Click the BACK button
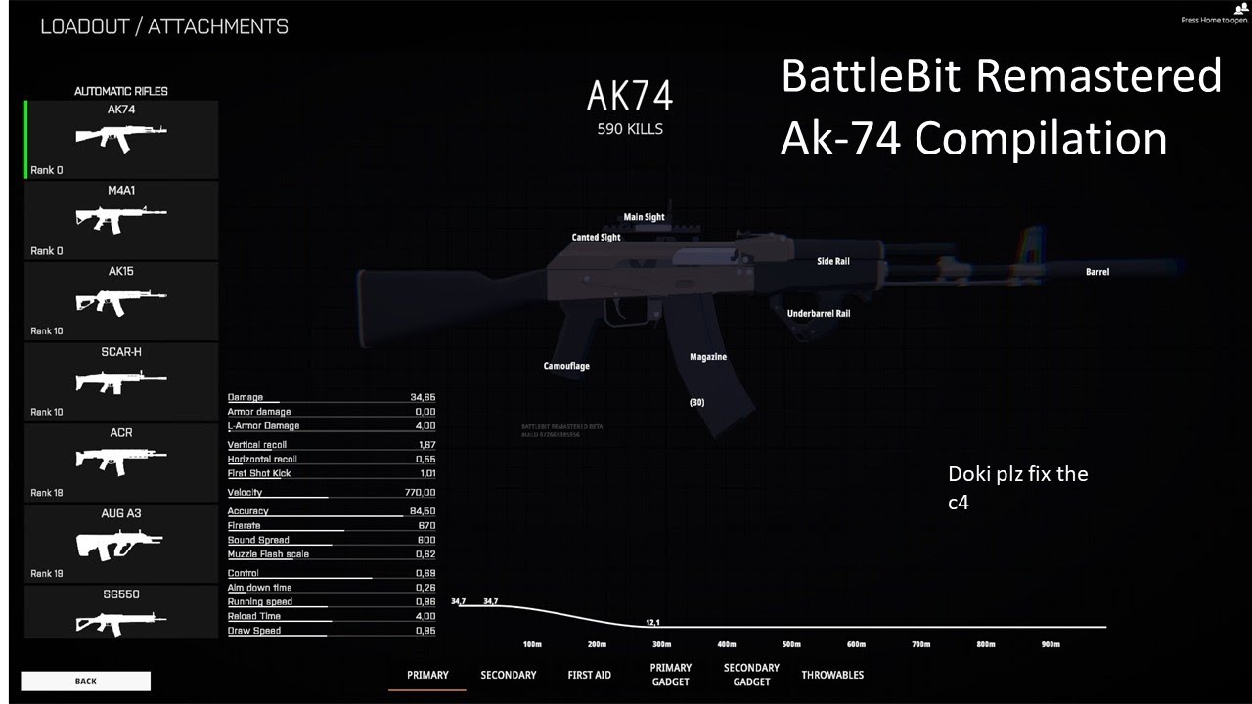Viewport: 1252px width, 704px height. pos(85,681)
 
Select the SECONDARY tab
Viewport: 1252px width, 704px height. pos(508,675)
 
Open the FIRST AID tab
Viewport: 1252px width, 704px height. pos(589,675)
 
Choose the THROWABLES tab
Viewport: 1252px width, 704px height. pos(832,675)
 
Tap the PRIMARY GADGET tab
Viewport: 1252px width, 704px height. pos(670,675)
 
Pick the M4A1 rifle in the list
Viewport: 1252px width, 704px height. pos(121,220)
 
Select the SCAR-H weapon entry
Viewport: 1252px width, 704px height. pos(121,381)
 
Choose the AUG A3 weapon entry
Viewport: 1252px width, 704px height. pos(121,543)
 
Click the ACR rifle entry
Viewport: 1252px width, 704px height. pos(121,462)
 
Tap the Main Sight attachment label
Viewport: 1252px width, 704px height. pos(644,217)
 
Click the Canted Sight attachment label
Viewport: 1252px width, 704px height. pos(596,238)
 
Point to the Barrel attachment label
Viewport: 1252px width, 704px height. pos(1097,272)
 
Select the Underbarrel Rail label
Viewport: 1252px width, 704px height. pos(819,314)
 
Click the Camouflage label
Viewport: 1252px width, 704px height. pos(566,366)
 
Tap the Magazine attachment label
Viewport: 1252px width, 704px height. pos(708,357)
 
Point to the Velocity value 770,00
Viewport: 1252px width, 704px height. pos(420,493)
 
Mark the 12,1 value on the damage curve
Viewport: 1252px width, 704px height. pos(653,622)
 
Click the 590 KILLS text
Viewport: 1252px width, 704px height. pos(630,129)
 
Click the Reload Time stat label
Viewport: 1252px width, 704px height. pos(254,616)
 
